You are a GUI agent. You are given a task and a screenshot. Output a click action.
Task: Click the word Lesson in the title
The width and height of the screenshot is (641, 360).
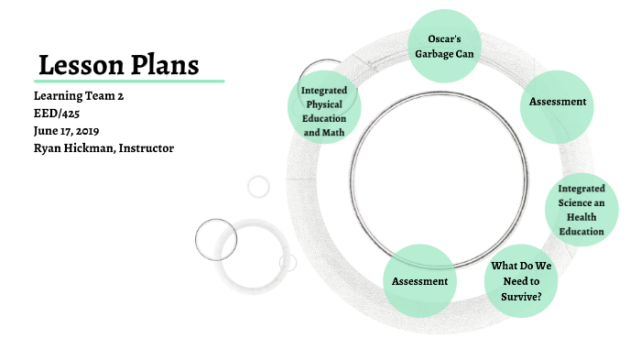(x=79, y=65)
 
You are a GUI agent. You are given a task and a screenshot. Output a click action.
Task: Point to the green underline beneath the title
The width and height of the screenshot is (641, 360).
(x=129, y=81)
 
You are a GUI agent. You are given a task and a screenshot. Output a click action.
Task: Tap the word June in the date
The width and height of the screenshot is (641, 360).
(x=47, y=130)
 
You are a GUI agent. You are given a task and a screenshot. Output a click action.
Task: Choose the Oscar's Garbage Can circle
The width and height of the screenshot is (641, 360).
(x=443, y=45)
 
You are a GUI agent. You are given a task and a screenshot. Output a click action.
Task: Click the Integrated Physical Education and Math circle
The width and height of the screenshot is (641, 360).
(x=323, y=110)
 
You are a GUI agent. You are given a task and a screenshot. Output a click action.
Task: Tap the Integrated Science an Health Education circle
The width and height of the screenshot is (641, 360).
(x=581, y=210)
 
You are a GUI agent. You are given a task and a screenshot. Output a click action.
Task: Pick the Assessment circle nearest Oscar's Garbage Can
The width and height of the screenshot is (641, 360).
(x=558, y=102)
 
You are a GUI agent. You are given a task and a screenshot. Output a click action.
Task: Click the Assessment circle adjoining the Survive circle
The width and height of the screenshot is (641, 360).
(x=419, y=281)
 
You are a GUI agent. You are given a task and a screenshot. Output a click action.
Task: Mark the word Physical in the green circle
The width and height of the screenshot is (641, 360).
(x=323, y=104)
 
